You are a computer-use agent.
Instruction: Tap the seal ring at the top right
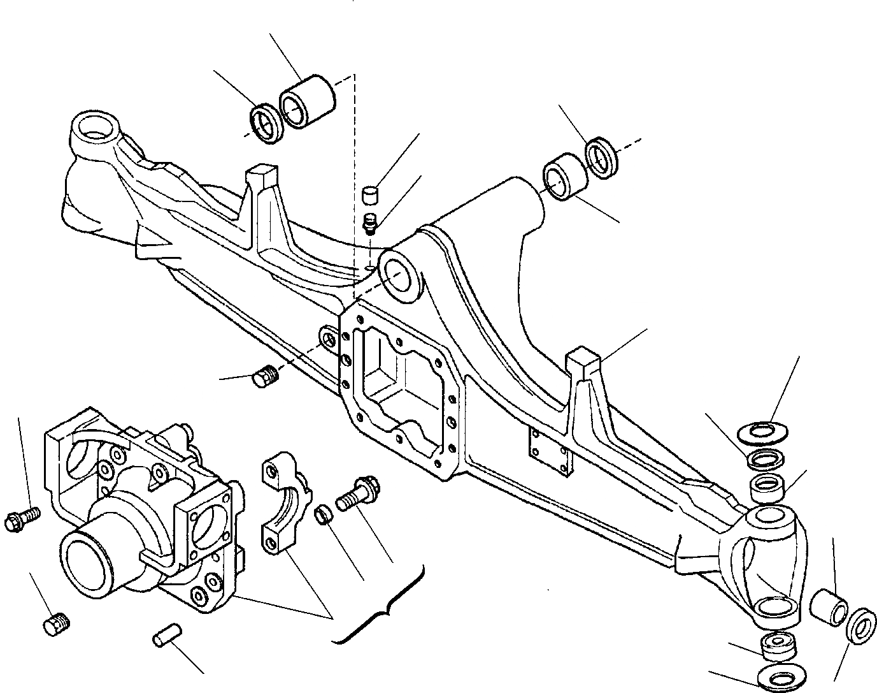tap(601, 156)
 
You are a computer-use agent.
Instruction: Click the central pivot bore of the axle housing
tap(399, 276)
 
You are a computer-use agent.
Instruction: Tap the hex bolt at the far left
tap(20, 522)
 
